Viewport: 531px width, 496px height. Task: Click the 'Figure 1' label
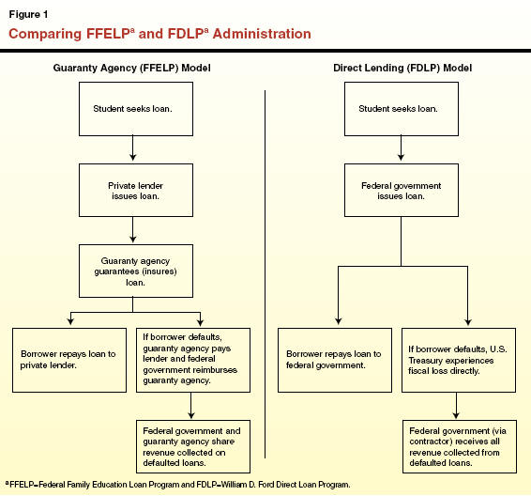tap(28, 15)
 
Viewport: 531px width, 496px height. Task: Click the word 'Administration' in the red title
tap(262, 34)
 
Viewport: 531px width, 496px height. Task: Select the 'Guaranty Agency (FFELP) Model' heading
tap(131, 68)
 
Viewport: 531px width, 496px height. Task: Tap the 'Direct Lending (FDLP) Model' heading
tap(402, 68)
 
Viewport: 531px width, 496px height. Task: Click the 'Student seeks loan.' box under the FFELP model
tap(136, 109)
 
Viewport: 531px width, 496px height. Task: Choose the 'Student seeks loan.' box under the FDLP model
tap(402, 109)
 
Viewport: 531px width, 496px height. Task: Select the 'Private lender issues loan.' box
tap(136, 190)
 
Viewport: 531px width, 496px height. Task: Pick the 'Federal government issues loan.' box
tap(402, 190)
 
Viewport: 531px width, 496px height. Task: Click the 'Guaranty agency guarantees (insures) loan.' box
tap(136, 271)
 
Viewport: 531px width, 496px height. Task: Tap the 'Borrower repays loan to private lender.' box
tap(69, 360)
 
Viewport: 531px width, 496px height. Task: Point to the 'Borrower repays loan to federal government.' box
tap(335, 360)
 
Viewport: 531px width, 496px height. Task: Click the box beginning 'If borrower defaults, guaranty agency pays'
tap(193, 360)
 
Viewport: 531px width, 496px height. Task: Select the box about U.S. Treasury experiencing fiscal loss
tap(459, 360)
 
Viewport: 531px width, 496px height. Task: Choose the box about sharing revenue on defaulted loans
tap(193, 446)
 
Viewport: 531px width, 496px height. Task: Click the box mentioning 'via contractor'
tap(460, 446)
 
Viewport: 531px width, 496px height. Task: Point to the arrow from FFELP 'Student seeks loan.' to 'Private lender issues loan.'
tap(133, 148)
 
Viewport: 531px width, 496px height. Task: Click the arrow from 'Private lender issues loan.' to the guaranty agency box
tap(133, 229)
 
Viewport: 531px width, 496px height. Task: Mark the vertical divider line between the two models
tap(265, 274)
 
